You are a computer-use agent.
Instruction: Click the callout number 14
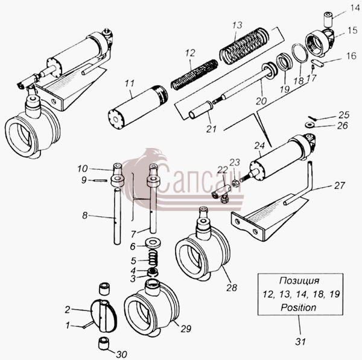tap(355, 8)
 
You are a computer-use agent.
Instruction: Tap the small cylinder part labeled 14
tap(328, 20)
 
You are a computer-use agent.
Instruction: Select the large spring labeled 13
tap(244, 45)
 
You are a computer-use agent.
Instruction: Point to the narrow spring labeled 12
tap(194, 74)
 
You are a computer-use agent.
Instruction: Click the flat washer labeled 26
tap(309, 125)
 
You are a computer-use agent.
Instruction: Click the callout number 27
tap(339, 185)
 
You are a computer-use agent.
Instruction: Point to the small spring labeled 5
tap(152, 259)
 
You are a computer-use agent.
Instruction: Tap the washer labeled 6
tap(153, 243)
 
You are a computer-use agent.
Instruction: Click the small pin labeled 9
tap(101, 181)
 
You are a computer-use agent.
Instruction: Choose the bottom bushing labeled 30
tap(103, 343)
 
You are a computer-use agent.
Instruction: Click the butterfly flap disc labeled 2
tap(103, 316)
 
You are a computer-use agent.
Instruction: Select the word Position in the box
tap(298, 307)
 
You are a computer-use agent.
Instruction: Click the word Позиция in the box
tap(299, 281)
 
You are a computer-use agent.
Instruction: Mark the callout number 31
tap(300, 341)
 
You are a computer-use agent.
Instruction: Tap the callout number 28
tap(232, 288)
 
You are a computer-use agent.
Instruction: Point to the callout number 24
tap(259, 146)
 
